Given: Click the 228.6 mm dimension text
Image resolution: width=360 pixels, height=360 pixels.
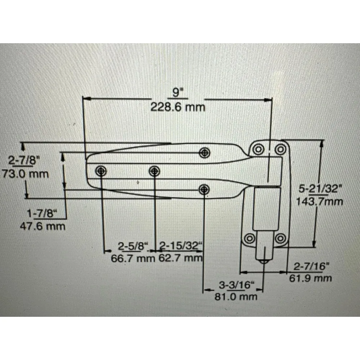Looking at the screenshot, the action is (178, 107).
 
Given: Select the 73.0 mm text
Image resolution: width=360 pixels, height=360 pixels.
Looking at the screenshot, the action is (25, 174).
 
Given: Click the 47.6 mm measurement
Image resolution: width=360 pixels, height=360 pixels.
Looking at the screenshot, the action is (42, 226).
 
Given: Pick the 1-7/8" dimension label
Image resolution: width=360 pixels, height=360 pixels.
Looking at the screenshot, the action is (42, 213).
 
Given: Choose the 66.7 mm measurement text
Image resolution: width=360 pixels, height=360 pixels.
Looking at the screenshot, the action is (133, 258).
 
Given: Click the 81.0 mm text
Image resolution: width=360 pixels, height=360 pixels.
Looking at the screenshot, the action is (236, 297).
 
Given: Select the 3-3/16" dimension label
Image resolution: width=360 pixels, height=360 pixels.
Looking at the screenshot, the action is (237, 285).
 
